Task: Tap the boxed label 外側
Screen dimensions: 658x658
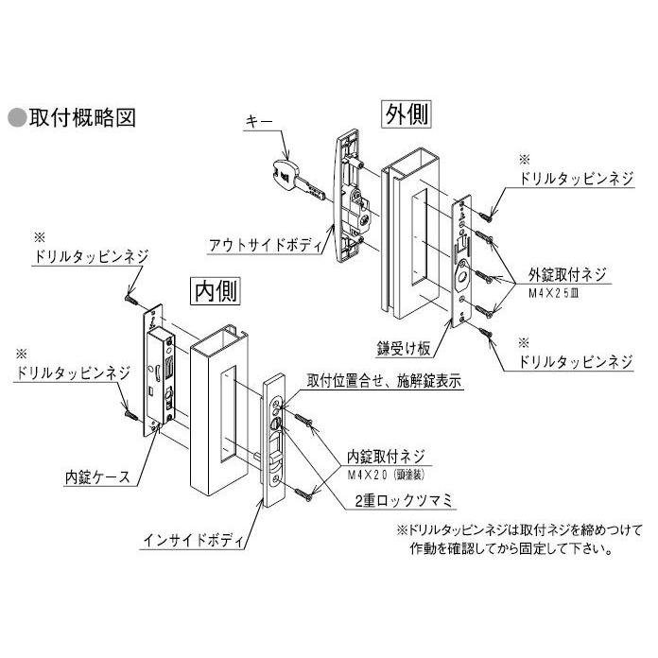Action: (x=407, y=114)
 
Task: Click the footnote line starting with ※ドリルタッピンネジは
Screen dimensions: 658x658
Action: (x=518, y=529)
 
